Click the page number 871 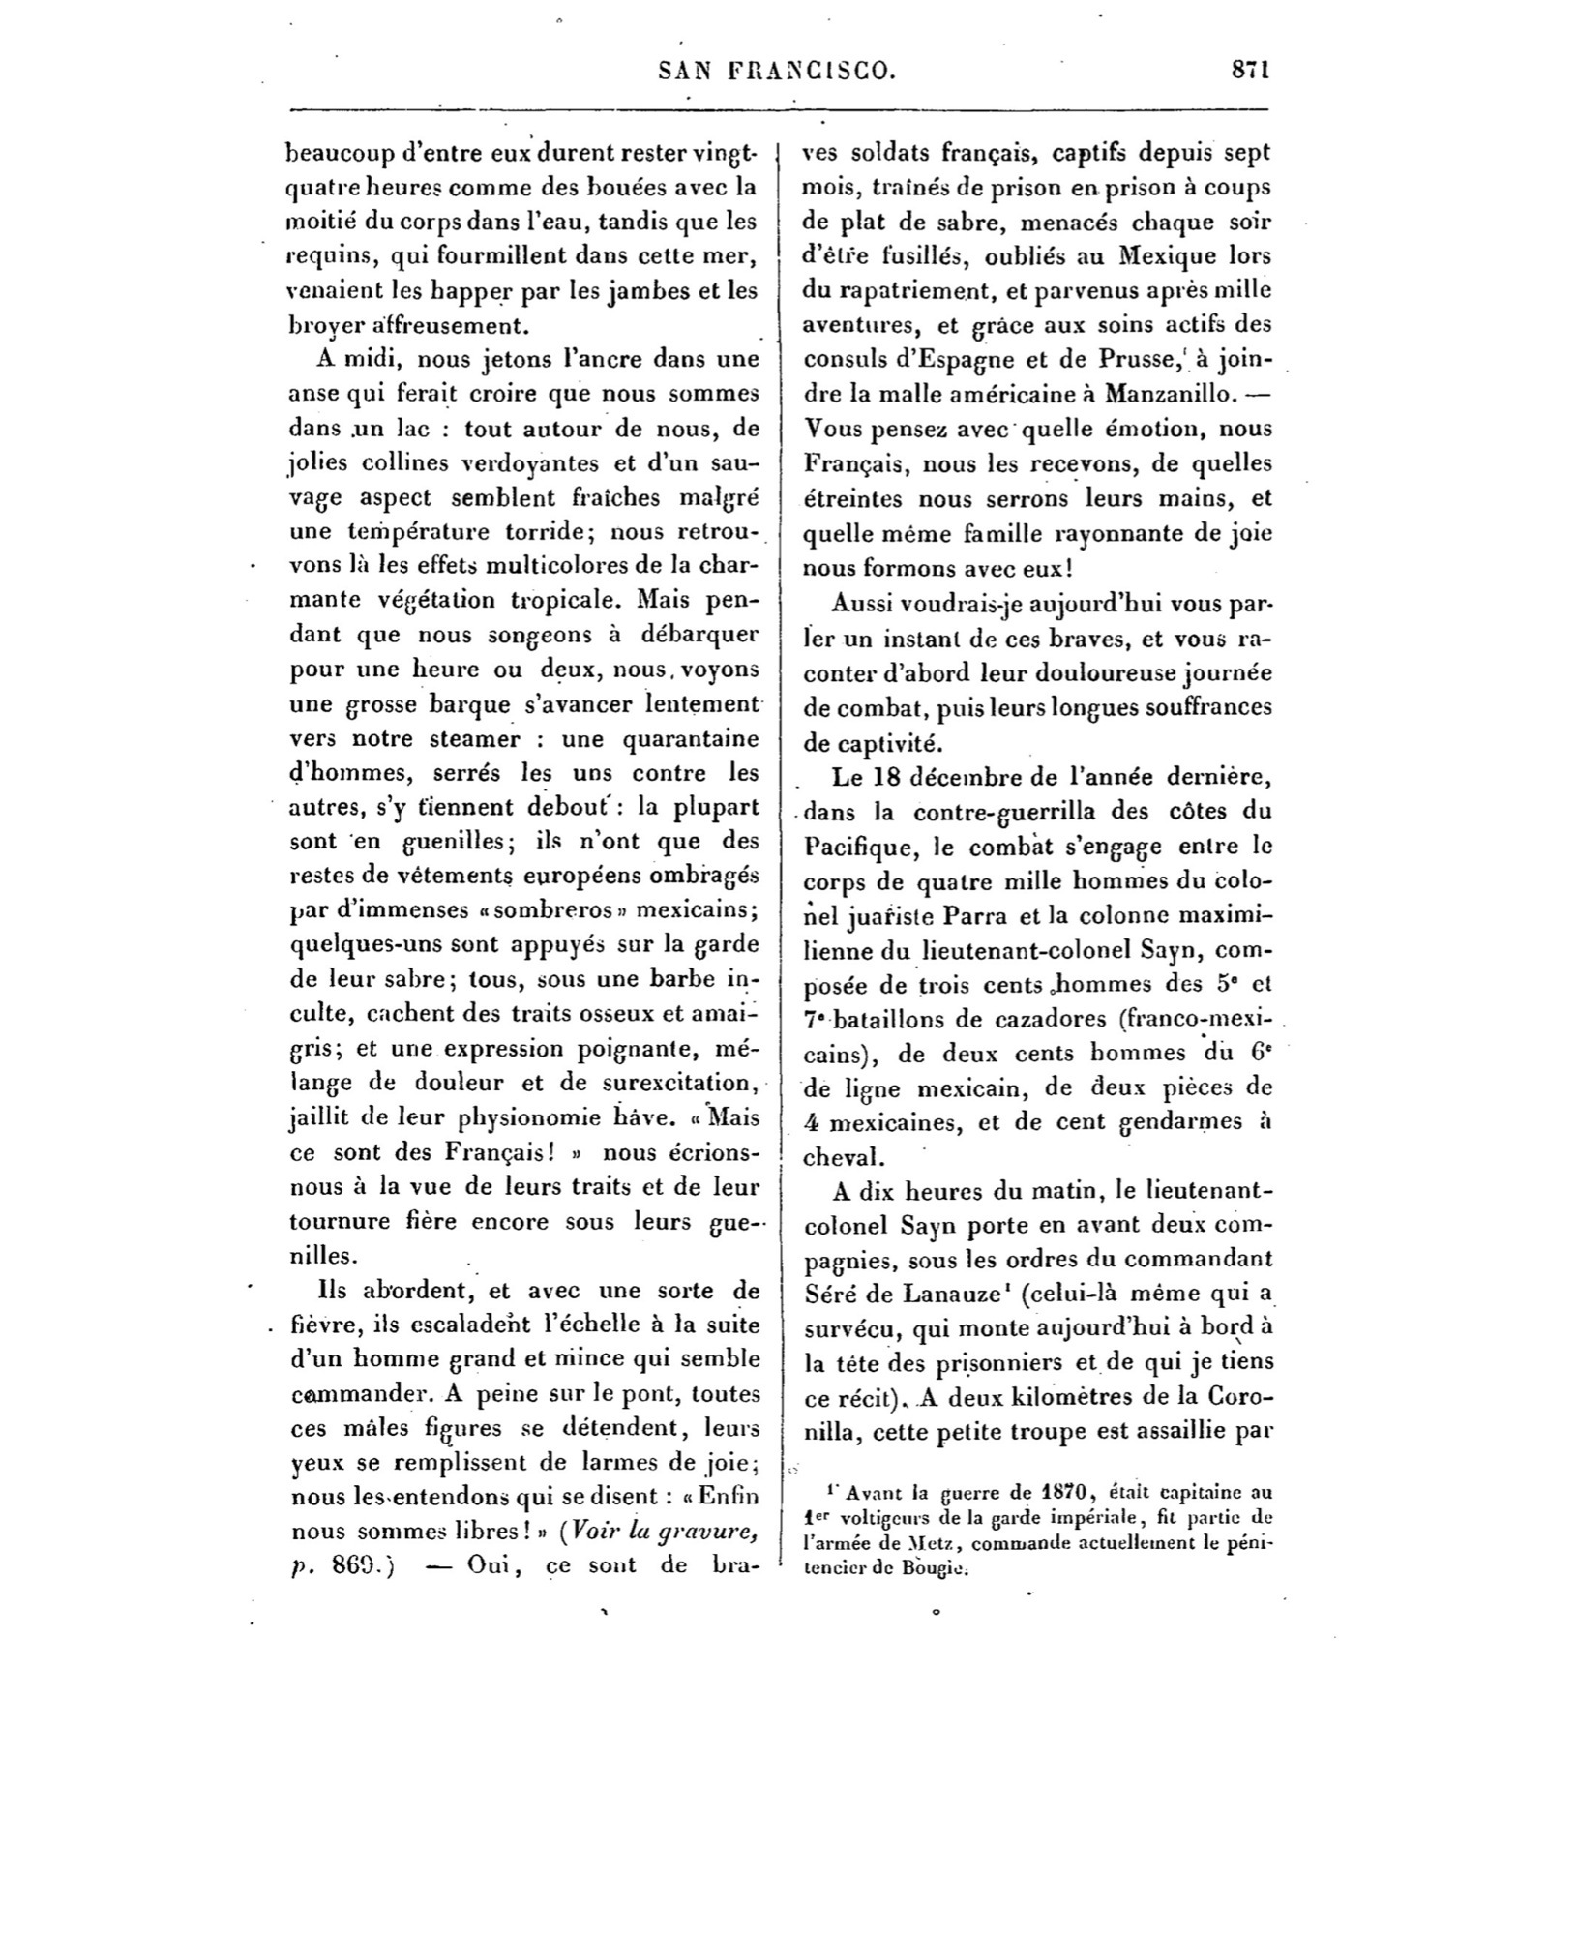click(1250, 71)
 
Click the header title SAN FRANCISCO click(777, 71)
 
